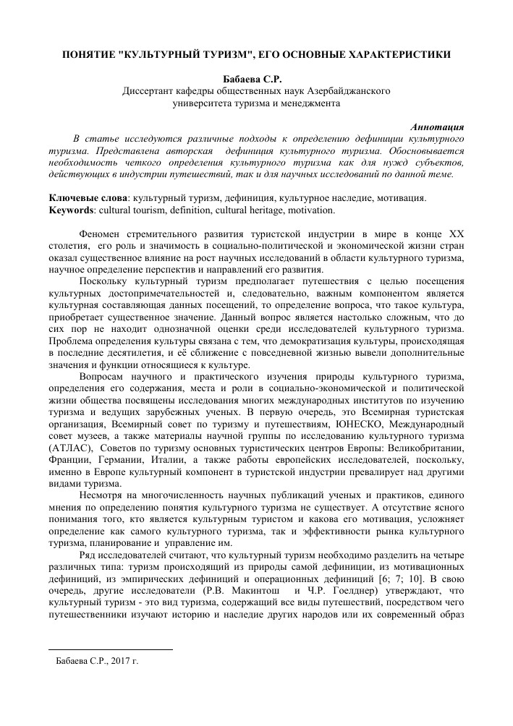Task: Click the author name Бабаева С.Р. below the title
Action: point(256,79)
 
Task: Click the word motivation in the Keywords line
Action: point(312,210)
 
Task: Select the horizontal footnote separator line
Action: point(110,649)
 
